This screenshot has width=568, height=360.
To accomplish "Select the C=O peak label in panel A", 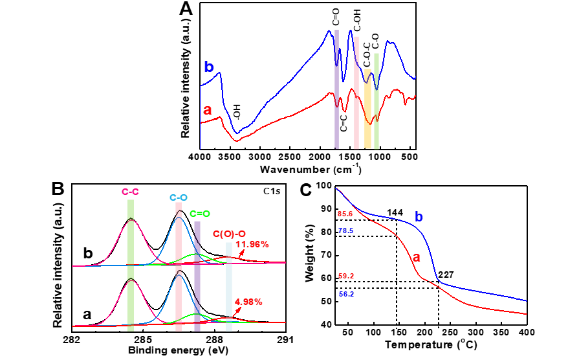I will (x=337, y=17).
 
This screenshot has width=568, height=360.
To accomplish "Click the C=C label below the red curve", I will (x=344, y=121).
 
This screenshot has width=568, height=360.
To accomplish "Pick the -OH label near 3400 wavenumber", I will (x=237, y=114).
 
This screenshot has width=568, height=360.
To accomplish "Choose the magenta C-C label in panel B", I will (x=131, y=192).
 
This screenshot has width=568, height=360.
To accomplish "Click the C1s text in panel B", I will (x=272, y=191).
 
